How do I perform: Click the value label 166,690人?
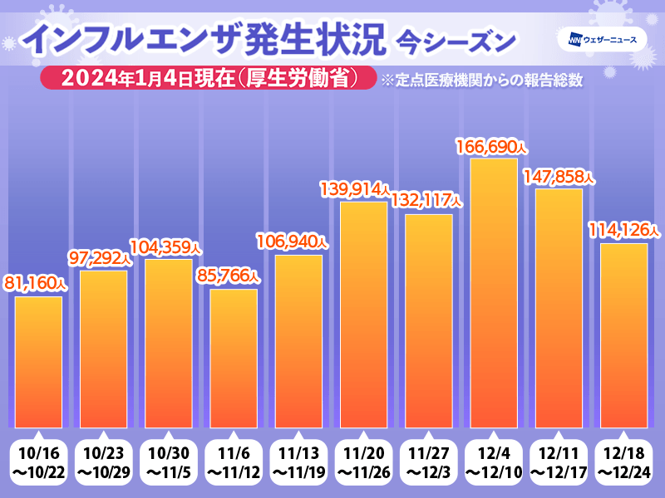point(491,147)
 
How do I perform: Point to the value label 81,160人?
point(37,283)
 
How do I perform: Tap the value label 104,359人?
point(166,247)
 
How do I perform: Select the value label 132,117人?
point(426,202)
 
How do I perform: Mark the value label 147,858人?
point(558,177)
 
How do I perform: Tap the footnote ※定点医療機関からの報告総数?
point(480,81)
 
